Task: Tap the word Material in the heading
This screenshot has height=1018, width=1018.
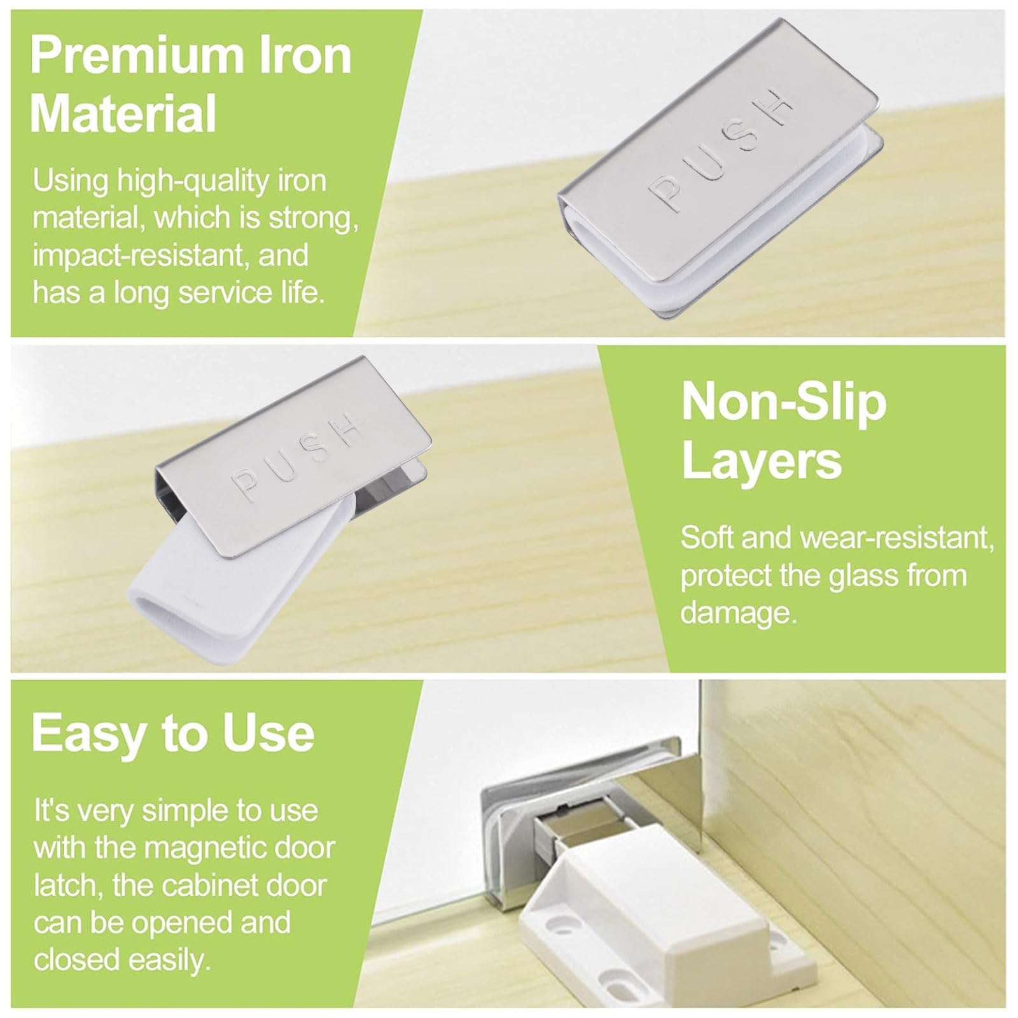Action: (x=123, y=113)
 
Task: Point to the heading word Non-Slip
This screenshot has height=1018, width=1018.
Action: (x=784, y=403)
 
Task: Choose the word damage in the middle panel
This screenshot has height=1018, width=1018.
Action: (x=735, y=613)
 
